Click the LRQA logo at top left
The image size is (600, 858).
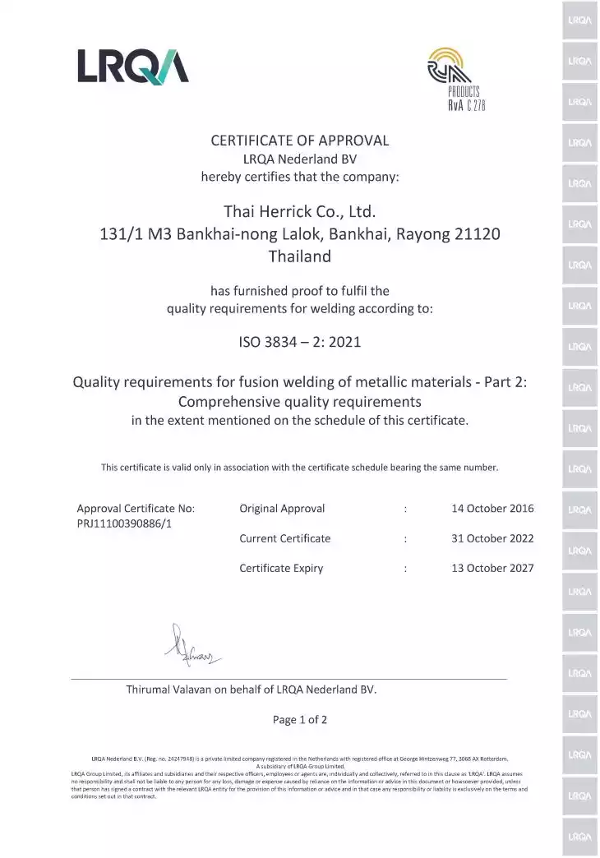(x=133, y=66)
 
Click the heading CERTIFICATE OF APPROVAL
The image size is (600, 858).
(x=300, y=141)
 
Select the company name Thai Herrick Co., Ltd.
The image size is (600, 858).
(x=300, y=211)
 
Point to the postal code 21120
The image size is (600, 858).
(x=478, y=234)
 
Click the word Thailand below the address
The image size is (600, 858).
(x=300, y=256)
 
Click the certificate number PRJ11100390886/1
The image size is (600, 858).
(x=124, y=524)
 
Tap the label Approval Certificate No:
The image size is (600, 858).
(x=136, y=509)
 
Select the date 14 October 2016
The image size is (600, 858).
(x=492, y=509)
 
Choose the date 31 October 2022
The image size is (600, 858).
(x=492, y=539)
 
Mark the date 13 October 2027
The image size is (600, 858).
(x=492, y=569)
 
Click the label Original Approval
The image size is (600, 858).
(x=282, y=509)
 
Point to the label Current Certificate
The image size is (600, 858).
(x=284, y=539)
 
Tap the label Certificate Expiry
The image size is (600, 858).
(x=281, y=569)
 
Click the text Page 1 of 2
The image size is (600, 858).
(x=300, y=720)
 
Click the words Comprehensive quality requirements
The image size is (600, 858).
(x=300, y=402)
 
